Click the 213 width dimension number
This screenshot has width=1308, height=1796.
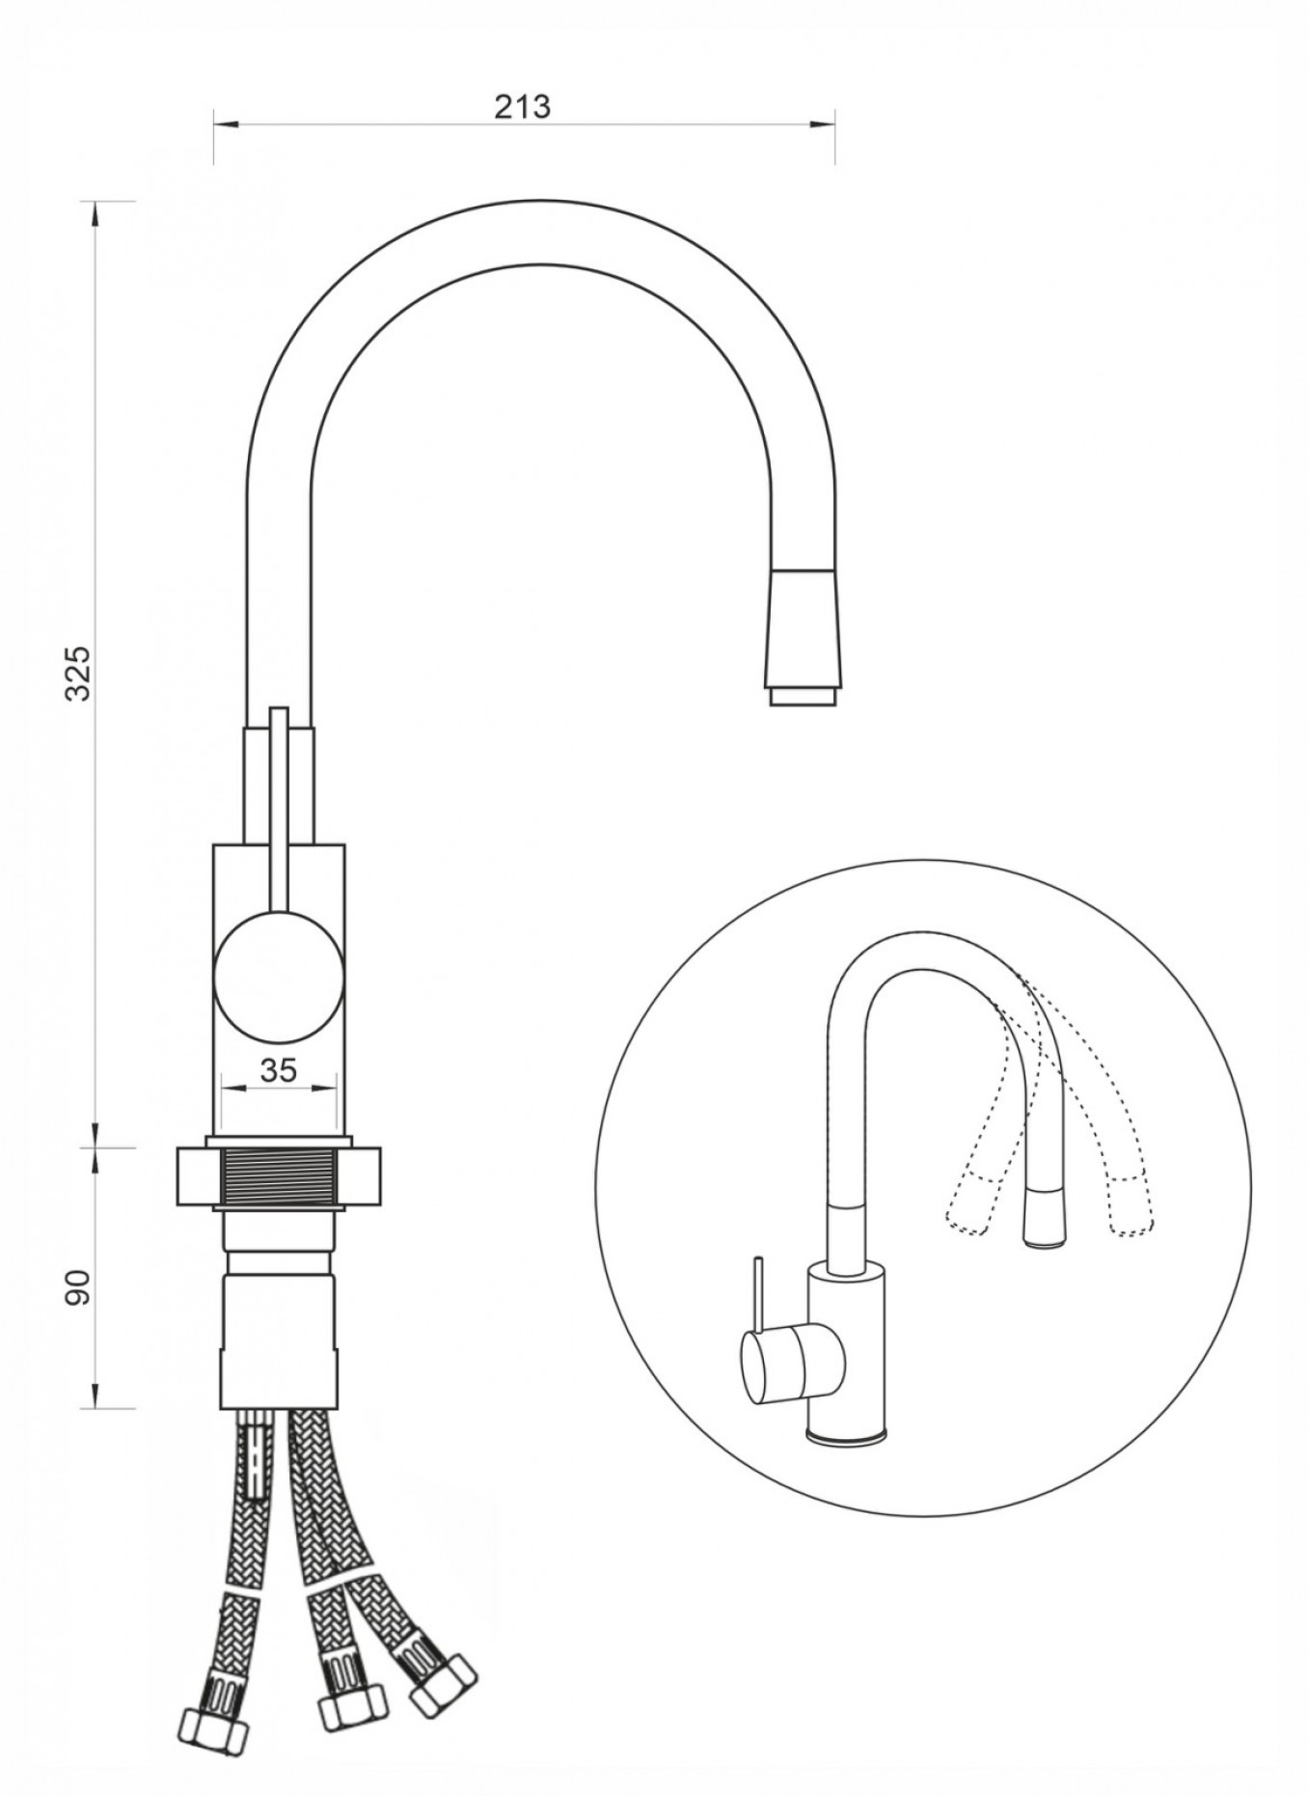click(522, 106)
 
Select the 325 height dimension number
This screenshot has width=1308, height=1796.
click(76, 672)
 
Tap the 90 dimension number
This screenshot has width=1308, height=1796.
click(77, 1286)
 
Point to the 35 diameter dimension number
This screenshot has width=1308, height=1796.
click(278, 1069)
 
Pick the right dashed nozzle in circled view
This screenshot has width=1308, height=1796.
click(1131, 1204)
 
